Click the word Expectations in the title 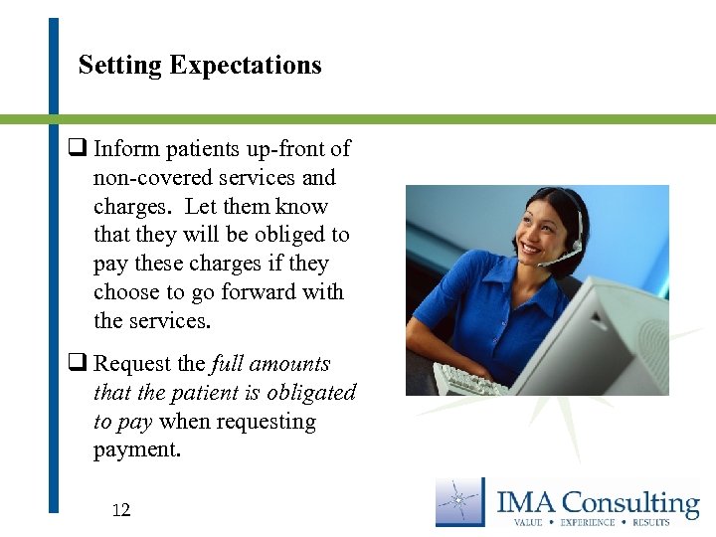click(x=246, y=66)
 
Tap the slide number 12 click(x=121, y=511)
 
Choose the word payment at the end click(x=137, y=449)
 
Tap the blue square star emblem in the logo click(x=460, y=501)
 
